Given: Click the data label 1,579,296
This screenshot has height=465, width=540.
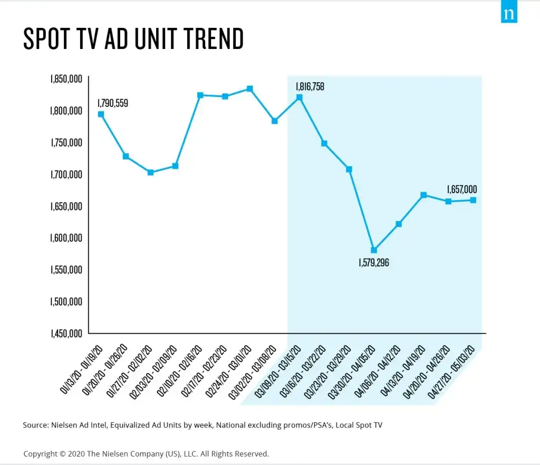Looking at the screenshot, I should click(x=373, y=262).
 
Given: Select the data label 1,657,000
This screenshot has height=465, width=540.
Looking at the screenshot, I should click(x=462, y=189).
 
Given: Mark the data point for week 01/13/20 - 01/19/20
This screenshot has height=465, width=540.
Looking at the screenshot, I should click(x=101, y=114).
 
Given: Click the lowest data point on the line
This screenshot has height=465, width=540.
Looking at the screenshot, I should click(x=374, y=250).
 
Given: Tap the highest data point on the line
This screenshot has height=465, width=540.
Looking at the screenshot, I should click(x=250, y=89).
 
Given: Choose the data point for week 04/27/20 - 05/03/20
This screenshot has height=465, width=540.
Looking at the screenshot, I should click(x=473, y=200).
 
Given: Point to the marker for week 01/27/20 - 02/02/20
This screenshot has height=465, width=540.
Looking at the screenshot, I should click(x=150, y=172).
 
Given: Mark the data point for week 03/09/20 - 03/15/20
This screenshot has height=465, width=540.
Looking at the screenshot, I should click(x=300, y=97).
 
